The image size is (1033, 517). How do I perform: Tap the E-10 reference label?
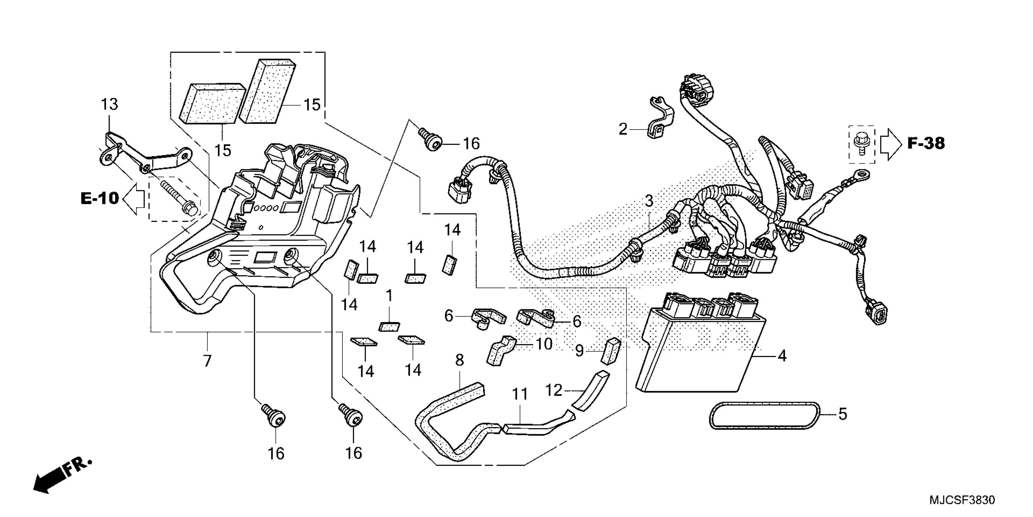pos(100,198)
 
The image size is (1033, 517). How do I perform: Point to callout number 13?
pos(109,104)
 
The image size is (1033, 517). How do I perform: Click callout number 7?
pos(207,361)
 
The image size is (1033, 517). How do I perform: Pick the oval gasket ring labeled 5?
pos(764,416)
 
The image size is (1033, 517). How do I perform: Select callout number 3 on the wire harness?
pos(649,201)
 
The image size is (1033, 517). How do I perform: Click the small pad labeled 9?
pos(612,352)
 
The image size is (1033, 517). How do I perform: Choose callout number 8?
pos(460,360)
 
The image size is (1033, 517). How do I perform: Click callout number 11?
pos(520,394)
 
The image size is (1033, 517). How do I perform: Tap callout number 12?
pos(554,390)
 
